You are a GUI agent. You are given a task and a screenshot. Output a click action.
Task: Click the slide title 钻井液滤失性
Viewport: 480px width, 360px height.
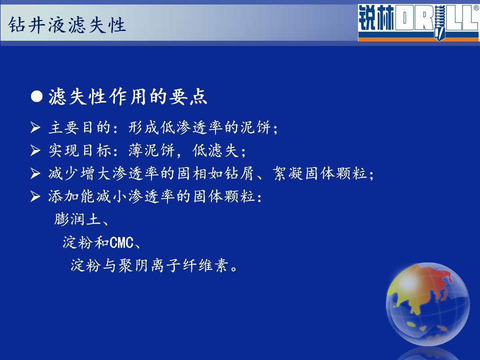pyautogui.click(x=67, y=25)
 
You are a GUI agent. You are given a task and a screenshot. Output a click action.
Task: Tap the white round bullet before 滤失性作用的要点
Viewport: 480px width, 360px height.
pyautogui.click(x=36, y=96)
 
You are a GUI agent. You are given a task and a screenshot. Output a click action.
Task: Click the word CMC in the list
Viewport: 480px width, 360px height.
pyautogui.click(x=121, y=243)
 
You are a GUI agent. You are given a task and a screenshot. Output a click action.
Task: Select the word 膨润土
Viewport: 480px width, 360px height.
pyautogui.click(x=78, y=219)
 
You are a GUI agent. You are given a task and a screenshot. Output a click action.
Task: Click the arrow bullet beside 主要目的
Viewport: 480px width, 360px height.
pyautogui.click(x=35, y=127)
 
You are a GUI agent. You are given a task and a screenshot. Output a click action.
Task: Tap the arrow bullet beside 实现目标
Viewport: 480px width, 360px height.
pyautogui.click(x=35, y=150)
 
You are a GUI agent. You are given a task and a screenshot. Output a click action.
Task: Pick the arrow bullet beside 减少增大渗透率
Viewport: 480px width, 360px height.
pyautogui.click(x=35, y=173)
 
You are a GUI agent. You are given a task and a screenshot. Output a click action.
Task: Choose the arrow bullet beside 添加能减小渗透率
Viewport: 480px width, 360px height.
pyautogui.click(x=35, y=196)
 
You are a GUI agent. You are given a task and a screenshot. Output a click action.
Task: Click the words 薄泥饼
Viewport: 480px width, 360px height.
pyautogui.click(x=151, y=150)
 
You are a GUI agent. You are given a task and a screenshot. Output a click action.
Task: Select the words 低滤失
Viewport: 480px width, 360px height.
pyautogui.click(x=215, y=150)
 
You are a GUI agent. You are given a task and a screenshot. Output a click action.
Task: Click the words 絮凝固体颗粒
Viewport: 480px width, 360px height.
pyautogui.click(x=320, y=173)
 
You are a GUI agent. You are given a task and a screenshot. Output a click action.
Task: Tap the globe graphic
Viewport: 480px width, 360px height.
pyautogui.click(x=427, y=304)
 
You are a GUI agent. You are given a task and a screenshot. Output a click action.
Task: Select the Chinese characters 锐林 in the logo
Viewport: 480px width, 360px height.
pyautogui.click(x=376, y=18)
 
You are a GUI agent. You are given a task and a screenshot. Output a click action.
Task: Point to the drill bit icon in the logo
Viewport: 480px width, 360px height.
pyautogui.click(x=439, y=23)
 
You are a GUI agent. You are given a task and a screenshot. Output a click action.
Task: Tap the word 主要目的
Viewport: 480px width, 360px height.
pyautogui.click(x=79, y=127)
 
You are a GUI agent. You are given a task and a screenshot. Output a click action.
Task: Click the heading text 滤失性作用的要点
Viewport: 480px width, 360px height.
pyautogui.click(x=128, y=96)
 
